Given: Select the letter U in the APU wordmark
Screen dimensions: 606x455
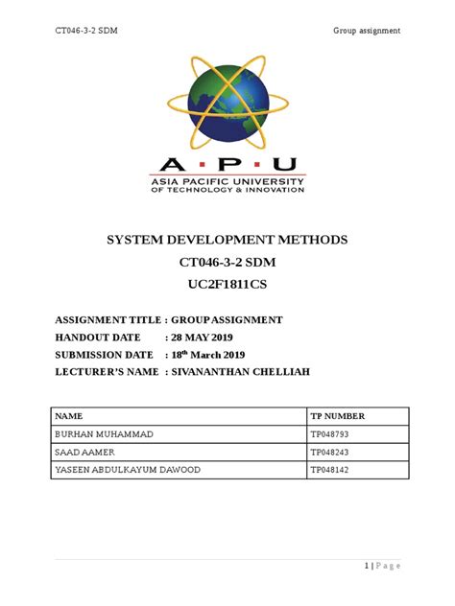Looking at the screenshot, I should coord(286,165).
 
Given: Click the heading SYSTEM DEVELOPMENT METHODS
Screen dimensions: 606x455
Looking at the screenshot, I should coord(227,239).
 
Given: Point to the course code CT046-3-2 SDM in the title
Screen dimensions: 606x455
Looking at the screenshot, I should coord(227,263).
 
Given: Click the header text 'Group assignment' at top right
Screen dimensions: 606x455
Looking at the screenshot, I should coord(367,32).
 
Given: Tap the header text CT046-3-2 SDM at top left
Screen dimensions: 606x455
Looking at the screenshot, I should coord(85,32).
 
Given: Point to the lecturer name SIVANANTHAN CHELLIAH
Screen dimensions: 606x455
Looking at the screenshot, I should coord(252,372).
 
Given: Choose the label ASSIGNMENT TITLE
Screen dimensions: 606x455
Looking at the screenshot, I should coord(107,320).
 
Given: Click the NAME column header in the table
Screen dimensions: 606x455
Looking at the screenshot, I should coord(69,417).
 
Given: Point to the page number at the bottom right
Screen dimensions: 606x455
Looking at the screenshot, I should coord(381,566).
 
